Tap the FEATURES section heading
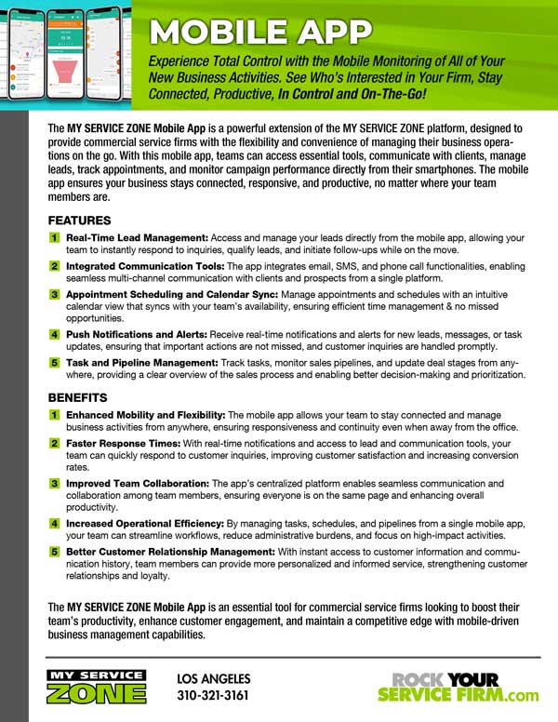coord(79,221)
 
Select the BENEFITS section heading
coord(78,397)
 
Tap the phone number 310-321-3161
coord(212,695)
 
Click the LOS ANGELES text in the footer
coord(214,678)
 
